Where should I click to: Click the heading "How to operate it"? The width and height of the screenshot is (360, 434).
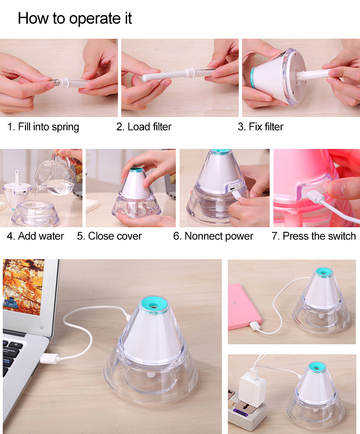point(75,19)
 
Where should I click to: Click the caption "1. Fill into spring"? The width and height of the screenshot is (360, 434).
point(43,127)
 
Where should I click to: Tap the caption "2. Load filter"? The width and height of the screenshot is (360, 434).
point(144,127)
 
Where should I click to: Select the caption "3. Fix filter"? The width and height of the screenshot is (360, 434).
point(260,127)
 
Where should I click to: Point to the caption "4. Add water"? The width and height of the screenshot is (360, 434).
point(35,236)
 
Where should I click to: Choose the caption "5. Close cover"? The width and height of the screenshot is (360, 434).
point(109,236)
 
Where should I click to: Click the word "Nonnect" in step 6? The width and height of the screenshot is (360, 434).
point(203,236)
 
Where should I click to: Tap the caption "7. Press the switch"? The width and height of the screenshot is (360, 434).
point(314,236)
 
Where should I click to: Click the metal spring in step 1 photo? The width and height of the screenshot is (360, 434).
point(56,82)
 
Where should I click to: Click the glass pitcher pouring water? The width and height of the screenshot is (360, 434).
point(56,177)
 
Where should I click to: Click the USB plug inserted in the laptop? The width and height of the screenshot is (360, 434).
point(50,358)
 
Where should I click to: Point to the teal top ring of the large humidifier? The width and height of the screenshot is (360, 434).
point(154,305)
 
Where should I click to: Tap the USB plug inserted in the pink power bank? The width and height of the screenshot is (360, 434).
point(255,326)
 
